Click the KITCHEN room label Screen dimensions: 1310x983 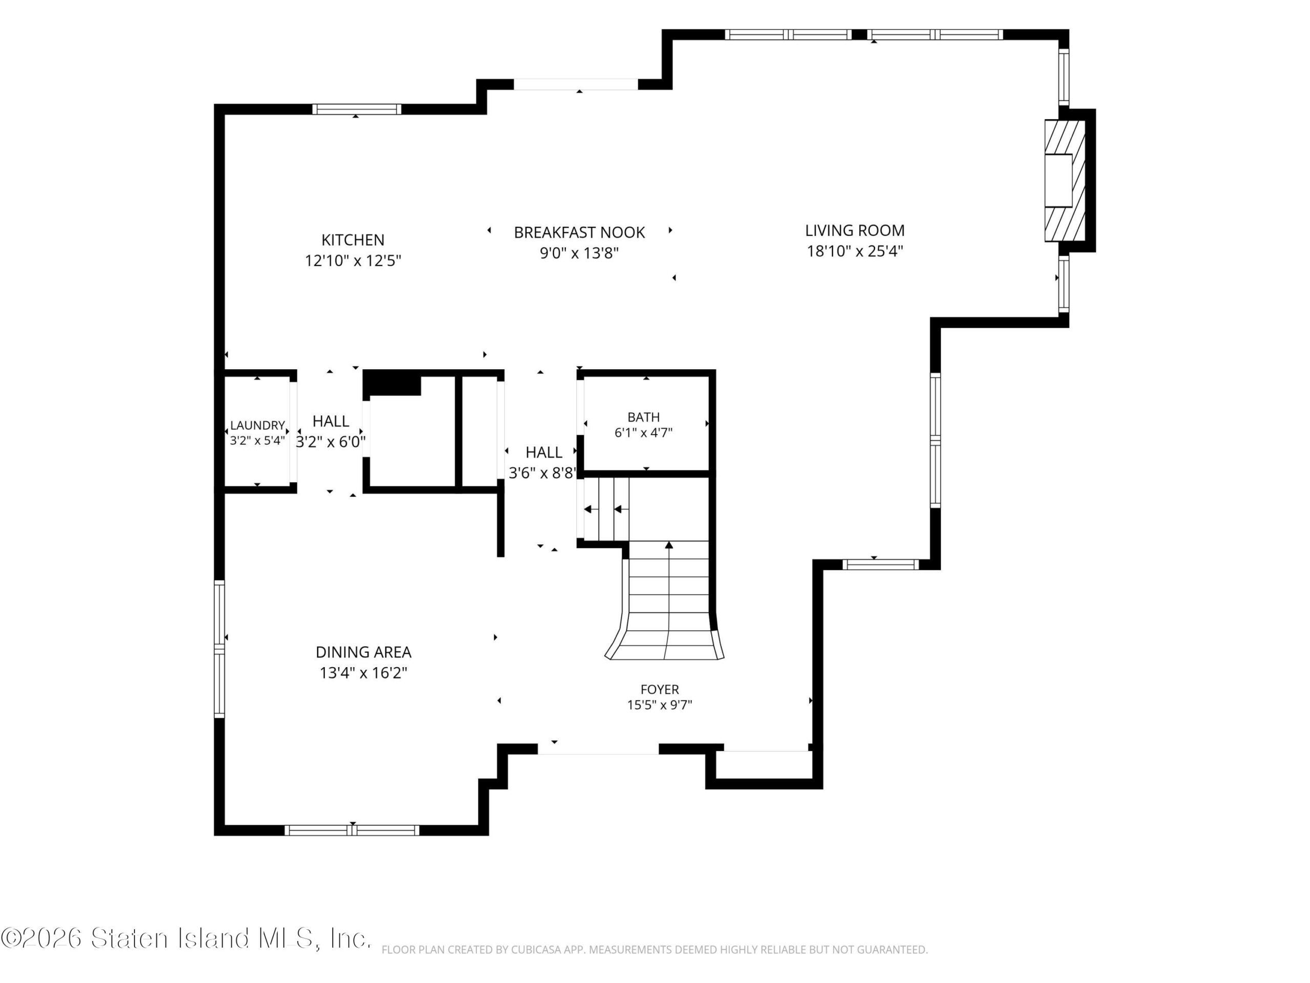pyautogui.click(x=353, y=240)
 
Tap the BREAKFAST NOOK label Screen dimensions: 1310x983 pyautogui.click(x=579, y=232)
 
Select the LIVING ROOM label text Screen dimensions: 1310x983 pyautogui.click(x=855, y=230)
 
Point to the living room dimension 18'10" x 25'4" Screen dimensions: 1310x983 pyautogui.click(x=855, y=251)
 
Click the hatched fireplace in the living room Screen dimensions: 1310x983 pyautogui.click(x=1065, y=180)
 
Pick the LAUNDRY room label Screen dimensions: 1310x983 pyautogui.click(x=257, y=425)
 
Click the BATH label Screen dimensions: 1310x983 pyautogui.click(x=644, y=417)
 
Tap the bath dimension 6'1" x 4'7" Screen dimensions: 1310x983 pyautogui.click(x=644, y=433)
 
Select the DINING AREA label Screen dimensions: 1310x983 pyautogui.click(x=364, y=652)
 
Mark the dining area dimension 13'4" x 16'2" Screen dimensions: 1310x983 pyautogui.click(x=364, y=673)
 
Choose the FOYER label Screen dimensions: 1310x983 pyautogui.click(x=660, y=690)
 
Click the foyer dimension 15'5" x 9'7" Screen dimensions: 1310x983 pyautogui.click(x=660, y=705)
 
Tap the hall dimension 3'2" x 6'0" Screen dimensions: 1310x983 pyautogui.click(x=331, y=442)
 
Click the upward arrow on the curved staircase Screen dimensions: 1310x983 pyautogui.click(x=669, y=599)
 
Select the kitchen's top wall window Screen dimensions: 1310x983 pyautogui.click(x=357, y=109)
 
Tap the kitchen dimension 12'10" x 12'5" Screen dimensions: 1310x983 pyautogui.click(x=353, y=261)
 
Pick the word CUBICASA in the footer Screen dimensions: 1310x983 pyautogui.click(x=519, y=950)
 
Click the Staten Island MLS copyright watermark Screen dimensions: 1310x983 pyautogui.click(x=185, y=938)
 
